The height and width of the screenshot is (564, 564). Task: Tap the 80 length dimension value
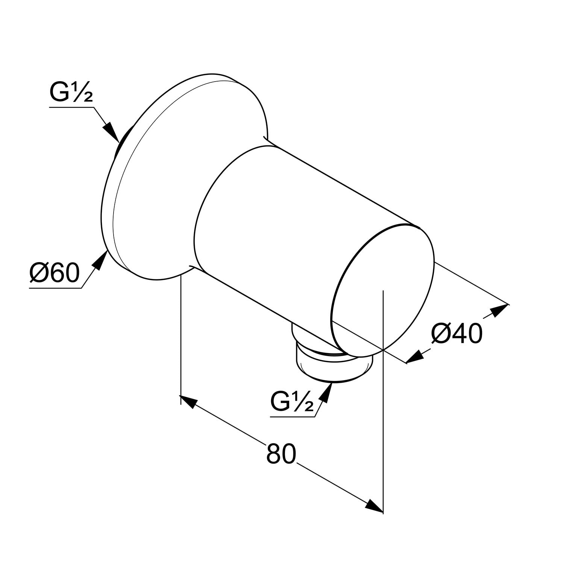click(x=282, y=454)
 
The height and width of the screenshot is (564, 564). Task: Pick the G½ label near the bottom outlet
click(x=292, y=402)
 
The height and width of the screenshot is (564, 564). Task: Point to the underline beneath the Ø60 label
click(x=55, y=288)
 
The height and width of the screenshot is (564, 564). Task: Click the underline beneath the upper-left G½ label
click(x=71, y=108)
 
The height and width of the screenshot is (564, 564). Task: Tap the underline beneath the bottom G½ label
click(x=293, y=417)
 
